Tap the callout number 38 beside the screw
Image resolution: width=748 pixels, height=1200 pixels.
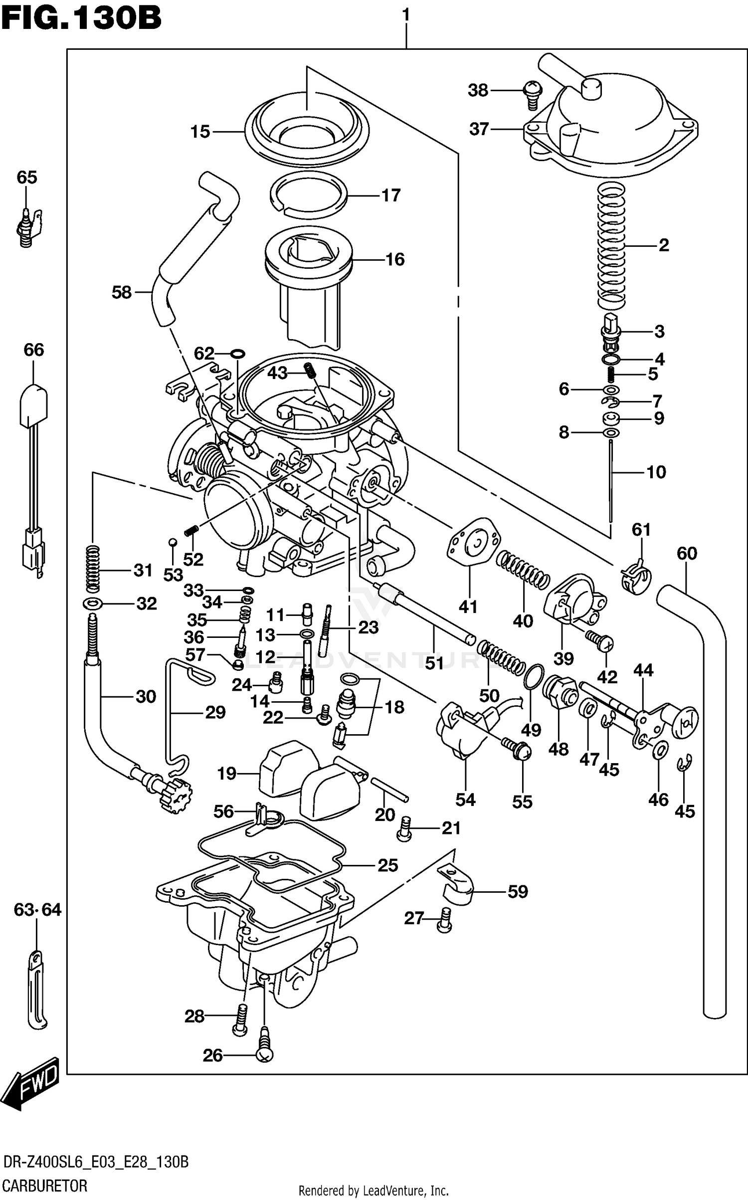478,90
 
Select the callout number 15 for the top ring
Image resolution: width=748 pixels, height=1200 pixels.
200,132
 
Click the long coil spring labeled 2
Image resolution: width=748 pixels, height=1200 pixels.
611,244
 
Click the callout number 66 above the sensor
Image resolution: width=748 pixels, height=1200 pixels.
34,350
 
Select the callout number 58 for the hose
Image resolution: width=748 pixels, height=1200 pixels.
121,292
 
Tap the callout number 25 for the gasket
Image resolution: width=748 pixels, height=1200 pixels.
387,865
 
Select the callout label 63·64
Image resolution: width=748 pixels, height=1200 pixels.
37,910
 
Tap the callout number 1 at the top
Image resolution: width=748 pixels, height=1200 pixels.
406,15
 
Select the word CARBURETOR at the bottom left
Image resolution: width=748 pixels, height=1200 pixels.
45,1186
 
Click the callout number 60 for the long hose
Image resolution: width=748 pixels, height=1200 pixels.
687,553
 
